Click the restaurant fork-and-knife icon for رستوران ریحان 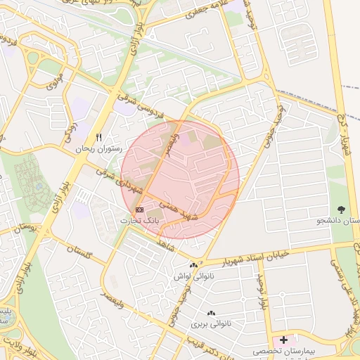click(98, 137)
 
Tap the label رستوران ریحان click(98, 149)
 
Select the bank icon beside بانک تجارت click(139, 210)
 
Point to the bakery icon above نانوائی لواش click(193, 265)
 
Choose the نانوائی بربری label click(210, 325)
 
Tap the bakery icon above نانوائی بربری click(210, 313)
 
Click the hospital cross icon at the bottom click(283, 340)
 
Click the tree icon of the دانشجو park click(342, 210)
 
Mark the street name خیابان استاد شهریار click(265, 252)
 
